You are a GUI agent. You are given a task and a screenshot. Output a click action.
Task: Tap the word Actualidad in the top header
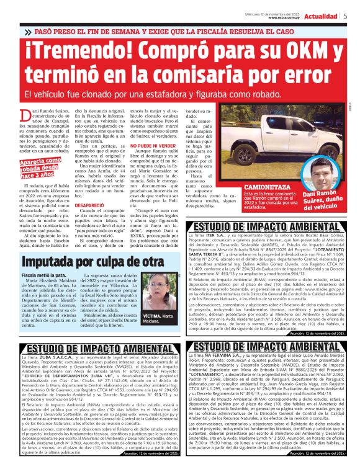tap(323, 15)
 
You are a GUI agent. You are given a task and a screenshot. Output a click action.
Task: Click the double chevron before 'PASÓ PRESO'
tap(29, 30)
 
